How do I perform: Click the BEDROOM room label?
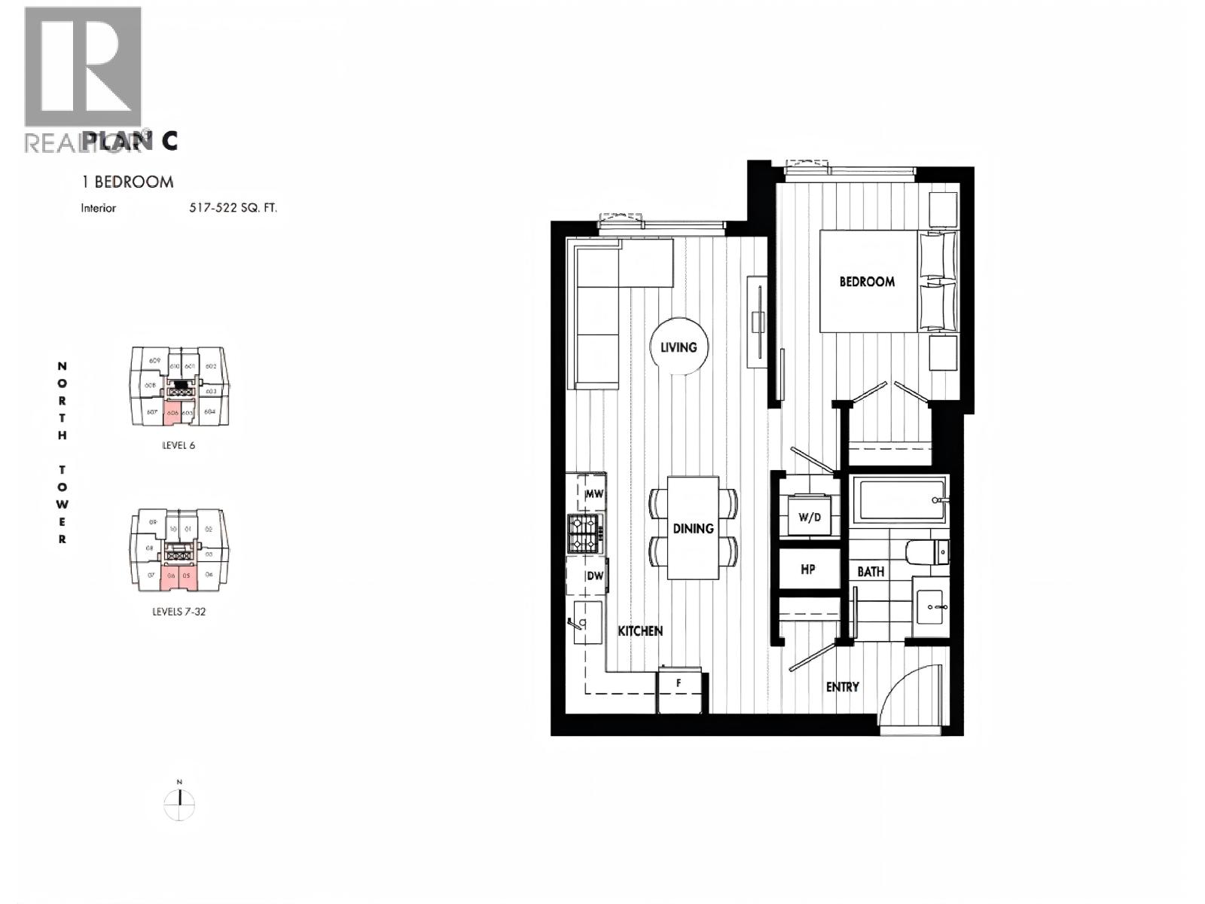867,282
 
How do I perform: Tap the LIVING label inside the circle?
679,347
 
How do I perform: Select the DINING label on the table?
693,529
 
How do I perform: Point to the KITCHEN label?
640,631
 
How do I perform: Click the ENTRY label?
842,687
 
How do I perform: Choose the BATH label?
871,572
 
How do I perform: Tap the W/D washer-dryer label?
809,518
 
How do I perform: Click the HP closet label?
808,570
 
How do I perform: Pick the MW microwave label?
594,495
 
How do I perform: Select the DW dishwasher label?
595,576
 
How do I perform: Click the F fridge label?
679,683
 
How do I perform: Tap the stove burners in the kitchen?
584,533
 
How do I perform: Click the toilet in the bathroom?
929,552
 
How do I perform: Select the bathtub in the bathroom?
900,500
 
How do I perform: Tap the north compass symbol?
179,804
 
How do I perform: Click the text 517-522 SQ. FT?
233,208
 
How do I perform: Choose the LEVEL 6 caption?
178,445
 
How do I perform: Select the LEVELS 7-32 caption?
178,612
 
